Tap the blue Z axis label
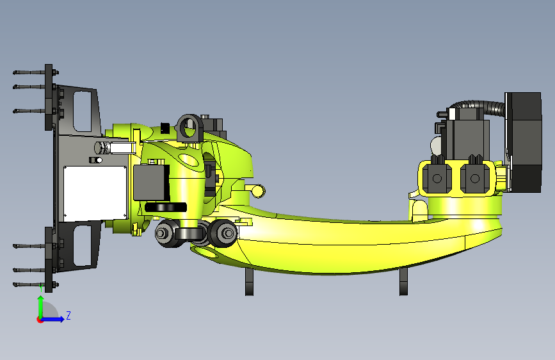(68, 315)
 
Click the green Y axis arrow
(41, 307)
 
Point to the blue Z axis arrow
(51, 319)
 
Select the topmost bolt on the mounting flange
(35, 72)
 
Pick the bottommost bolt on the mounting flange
(35, 284)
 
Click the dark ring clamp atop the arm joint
(189, 128)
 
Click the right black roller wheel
(223, 233)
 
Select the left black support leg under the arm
(250, 282)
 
